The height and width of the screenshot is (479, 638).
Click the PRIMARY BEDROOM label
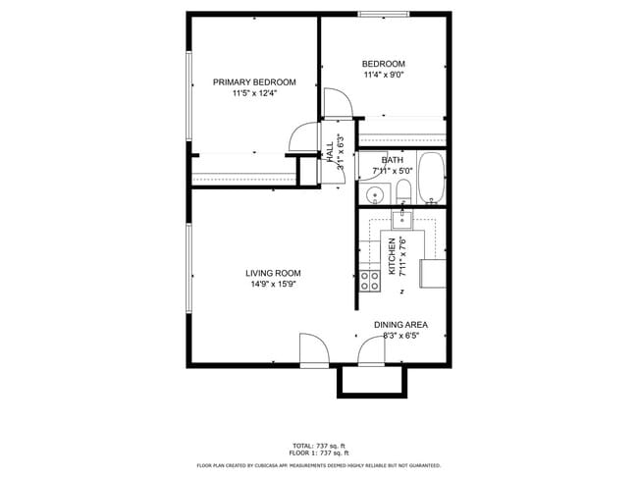pos(254,81)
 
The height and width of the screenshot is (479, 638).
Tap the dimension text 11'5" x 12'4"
pos(254,93)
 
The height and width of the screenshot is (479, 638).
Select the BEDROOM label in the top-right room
pos(384,64)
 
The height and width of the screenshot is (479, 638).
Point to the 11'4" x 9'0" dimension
pos(384,75)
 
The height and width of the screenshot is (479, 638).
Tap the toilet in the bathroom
pos(403,190)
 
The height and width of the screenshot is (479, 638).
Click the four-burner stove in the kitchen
pos(370,282)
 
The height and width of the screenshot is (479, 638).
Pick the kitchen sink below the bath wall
pos(402,219)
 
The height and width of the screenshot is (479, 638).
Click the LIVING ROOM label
pos(273,273)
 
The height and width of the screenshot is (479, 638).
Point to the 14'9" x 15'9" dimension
pos(273,285)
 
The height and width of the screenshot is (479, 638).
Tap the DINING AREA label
pos(400,324)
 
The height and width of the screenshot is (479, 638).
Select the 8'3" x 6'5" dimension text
pos(400,335)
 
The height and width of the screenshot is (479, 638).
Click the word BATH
pos(393,160)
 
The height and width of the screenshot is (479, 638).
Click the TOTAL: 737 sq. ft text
pos(318,446)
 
